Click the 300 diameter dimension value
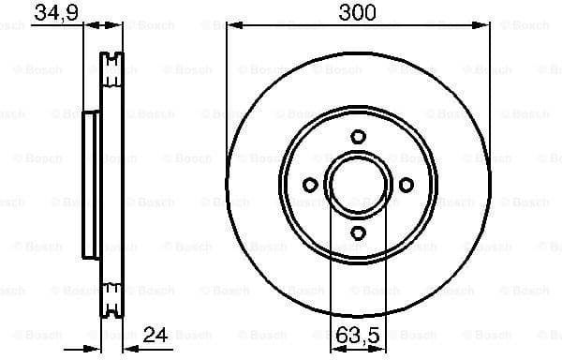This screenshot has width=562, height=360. (359, 12)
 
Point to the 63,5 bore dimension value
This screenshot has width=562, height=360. (359, 333)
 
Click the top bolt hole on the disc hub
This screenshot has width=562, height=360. (359, 137)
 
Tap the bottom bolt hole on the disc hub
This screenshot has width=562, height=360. (359, 232)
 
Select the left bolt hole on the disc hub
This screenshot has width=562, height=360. (311, 185)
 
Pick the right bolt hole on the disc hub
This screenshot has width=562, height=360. (407, 185)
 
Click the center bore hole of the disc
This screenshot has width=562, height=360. (359, 185)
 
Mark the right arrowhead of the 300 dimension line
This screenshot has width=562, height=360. (485, 24)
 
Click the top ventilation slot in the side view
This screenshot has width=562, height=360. (111, 68)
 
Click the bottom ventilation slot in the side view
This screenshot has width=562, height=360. (111, 302)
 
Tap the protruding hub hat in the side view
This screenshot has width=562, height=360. (91, 185)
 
